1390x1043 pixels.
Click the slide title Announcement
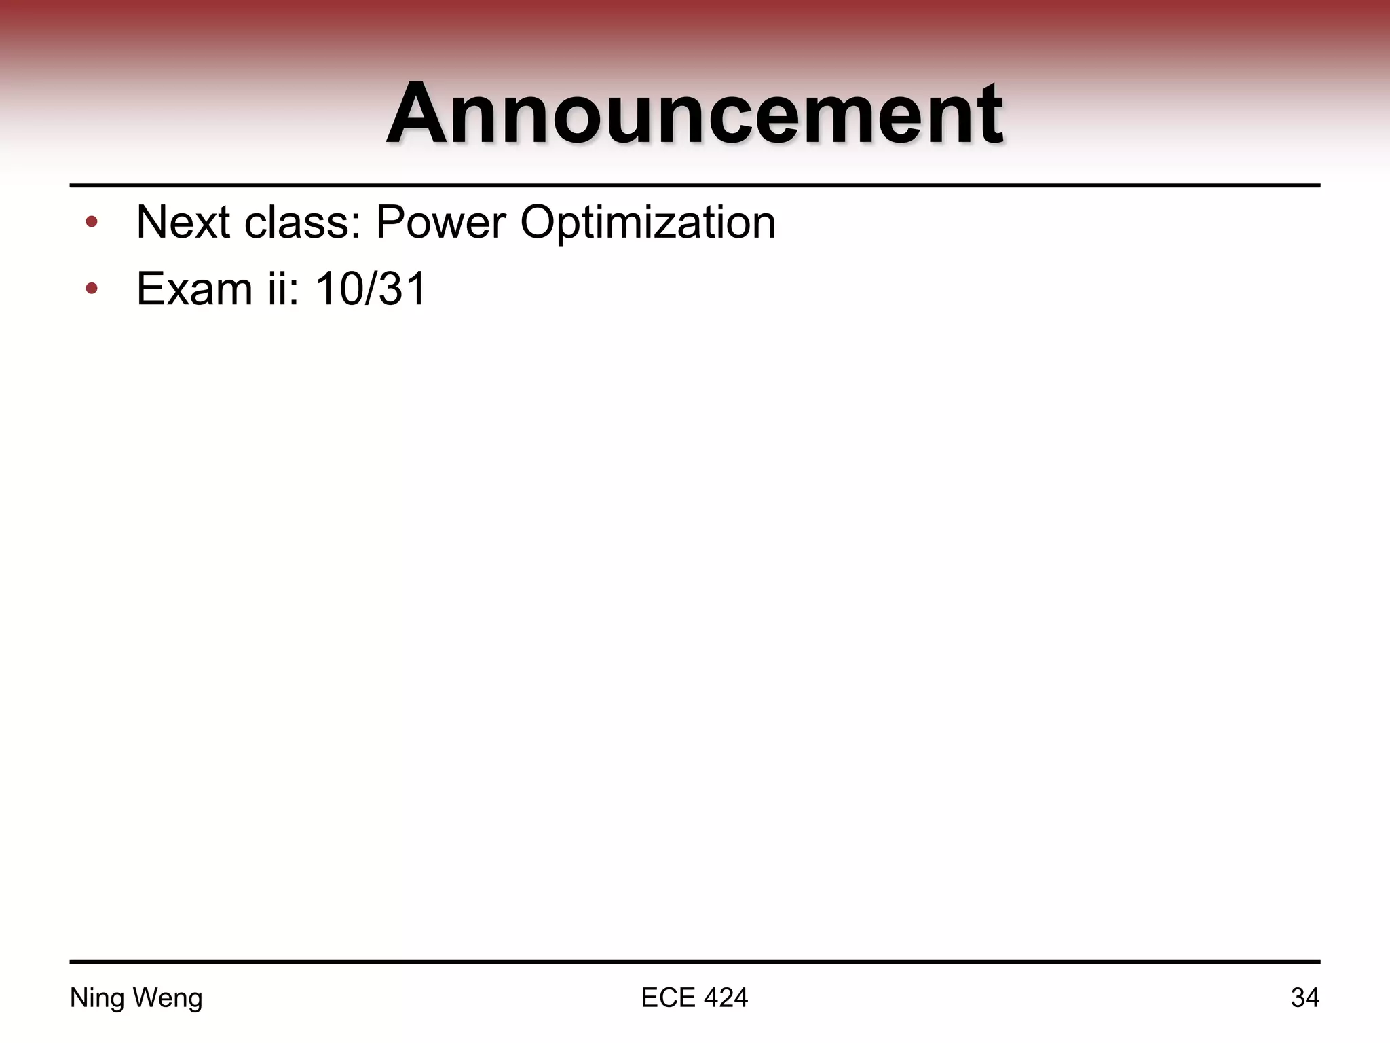click(694, 114)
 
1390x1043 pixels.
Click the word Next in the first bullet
click(183, 222)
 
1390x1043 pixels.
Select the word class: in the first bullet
click(302, 222)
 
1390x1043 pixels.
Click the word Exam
click(194, 289)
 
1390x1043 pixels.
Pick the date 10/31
click(371, 289)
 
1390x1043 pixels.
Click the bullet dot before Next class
click(92, 223)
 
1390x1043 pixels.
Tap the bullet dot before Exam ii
click(92, 289)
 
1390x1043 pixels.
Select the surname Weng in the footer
click(168, 998)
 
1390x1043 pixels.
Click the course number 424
click(726, 998)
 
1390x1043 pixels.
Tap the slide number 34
click(1304, 998)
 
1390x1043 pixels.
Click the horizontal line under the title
click(694, 185)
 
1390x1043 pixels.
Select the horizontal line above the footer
click(694, 962)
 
